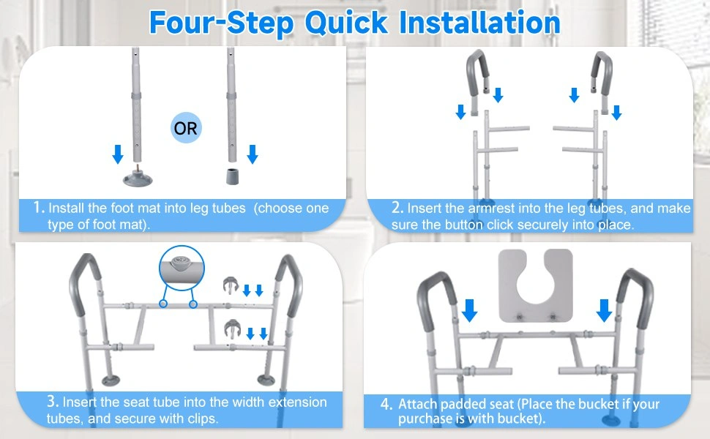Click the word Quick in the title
346,23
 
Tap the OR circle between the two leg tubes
186,127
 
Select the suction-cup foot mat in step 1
138,177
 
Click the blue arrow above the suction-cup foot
118,154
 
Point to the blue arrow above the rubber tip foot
253,154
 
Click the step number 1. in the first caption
40,208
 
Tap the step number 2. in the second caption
397,208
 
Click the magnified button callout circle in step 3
182,268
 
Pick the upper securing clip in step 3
231,285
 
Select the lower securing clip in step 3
232,329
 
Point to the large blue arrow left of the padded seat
470,310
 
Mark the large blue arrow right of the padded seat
604,310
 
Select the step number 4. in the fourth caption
386,404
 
